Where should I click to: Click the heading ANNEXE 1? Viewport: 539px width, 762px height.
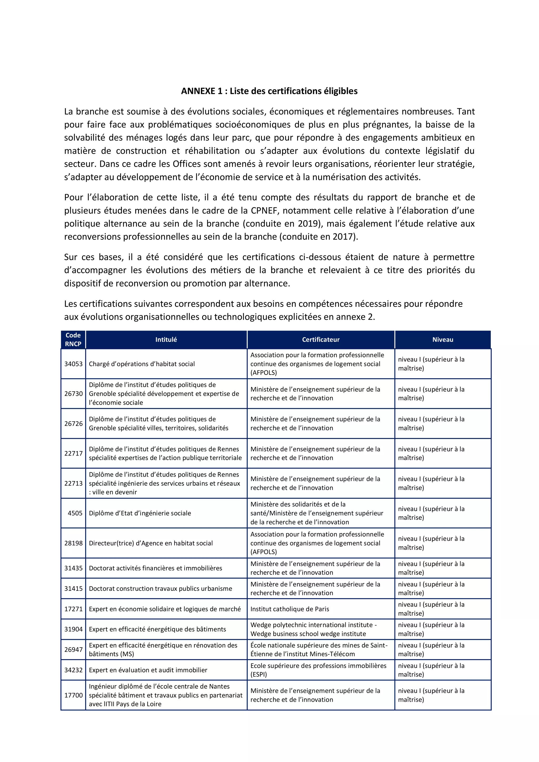[269, 91]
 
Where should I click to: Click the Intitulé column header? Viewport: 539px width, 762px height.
[166, 340]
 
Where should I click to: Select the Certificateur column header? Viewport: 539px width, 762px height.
[321, 340]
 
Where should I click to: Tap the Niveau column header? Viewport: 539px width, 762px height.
[442, 340]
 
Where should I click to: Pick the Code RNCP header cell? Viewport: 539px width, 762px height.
[73, 340]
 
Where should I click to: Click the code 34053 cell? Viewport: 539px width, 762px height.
[73, 364]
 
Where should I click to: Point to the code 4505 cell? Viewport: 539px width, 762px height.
[75, 513]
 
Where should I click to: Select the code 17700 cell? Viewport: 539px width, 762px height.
[73, 695]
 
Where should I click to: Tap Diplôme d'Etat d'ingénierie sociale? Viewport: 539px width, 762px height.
[140, 513]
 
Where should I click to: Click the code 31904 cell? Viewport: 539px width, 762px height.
[73, 629]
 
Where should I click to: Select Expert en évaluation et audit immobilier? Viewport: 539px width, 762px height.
[148, 670]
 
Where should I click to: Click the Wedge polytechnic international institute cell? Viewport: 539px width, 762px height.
[313, 629]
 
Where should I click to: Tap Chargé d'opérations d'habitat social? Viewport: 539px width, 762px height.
[142, 364]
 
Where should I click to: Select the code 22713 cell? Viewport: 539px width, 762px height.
[73, 483]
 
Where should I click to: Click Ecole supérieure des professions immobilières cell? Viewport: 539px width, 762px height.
[318, 670]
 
